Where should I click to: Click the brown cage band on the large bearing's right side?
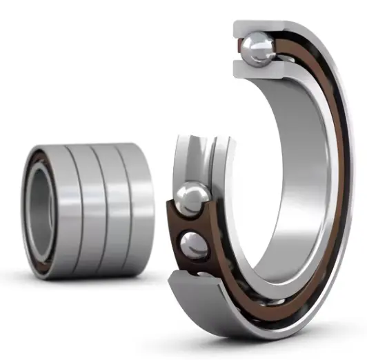pyautogui.click(x=339, y=179)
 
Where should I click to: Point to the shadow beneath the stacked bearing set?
pyautogui.click(x=97, y=280)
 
